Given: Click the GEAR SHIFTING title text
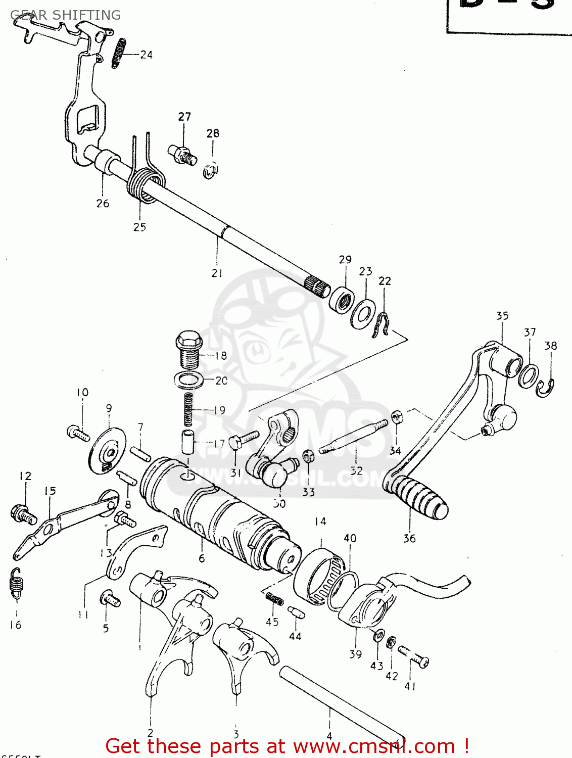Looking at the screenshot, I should [65, 15].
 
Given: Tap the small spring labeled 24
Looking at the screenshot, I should [118, 53].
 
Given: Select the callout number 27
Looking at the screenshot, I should [184, 117].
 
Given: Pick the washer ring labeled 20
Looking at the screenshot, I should [188, 379].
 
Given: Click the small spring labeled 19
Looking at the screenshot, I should [188, 409].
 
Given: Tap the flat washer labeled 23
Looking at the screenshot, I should [362, 314].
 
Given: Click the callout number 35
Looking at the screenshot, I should [502, 316].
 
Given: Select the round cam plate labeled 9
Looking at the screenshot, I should [107, 451].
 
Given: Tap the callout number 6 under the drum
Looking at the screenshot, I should [202, 558].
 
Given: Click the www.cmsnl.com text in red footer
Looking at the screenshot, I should [374, 746].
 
